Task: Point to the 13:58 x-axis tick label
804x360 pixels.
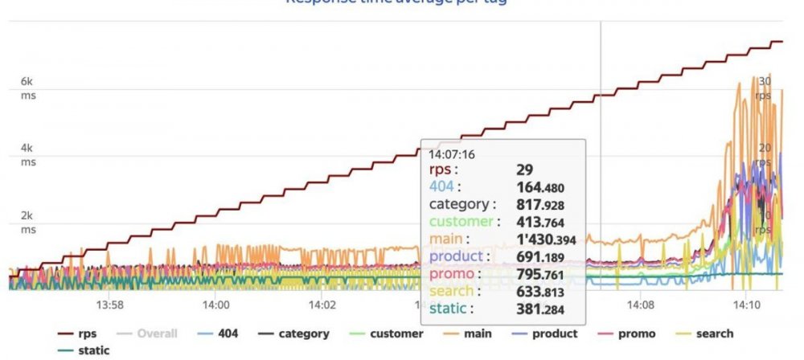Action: tap(109, 305)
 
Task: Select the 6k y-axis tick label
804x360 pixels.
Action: tap(27, 82)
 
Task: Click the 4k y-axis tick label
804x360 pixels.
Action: tap(27, 149)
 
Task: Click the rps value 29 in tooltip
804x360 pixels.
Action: tap(525, 170)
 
